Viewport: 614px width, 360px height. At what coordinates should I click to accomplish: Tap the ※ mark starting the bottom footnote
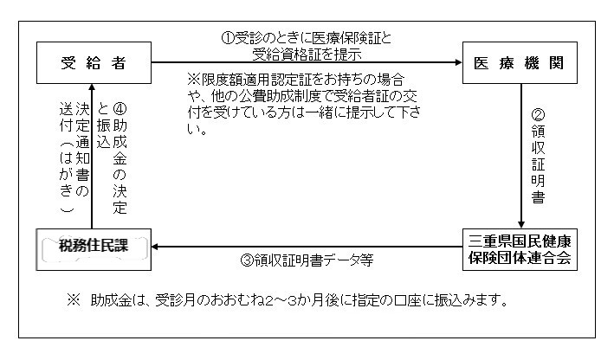click(73, 302)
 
